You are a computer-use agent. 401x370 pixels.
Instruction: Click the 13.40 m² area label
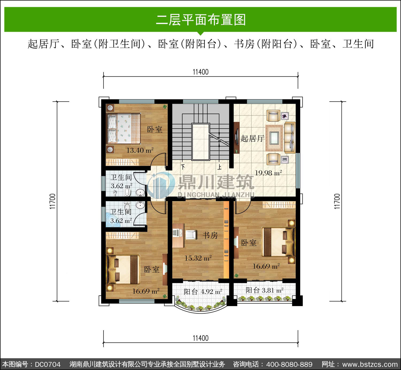pos(140,150)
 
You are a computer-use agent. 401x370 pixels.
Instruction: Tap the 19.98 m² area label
pos(268,173)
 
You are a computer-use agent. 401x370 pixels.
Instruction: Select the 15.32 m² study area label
pos(198,258)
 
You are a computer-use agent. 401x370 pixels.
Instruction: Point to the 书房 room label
pos(210,235)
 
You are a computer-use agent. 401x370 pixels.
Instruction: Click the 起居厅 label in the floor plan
pos(252,138)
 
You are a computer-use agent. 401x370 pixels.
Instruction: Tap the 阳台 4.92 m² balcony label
pos(203,292)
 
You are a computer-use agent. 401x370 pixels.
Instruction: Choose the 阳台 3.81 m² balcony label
pos(264,290)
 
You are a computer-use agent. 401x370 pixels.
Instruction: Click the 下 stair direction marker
pos(183,167)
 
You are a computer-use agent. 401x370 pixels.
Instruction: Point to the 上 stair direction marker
pos(219,167)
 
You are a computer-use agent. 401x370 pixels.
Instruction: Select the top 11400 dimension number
pos(200,72)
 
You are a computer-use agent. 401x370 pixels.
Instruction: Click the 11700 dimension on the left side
pos(52,201)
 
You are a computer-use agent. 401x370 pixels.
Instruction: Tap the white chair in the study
pos(191,235)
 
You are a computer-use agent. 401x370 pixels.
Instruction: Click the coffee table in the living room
pos(274,138)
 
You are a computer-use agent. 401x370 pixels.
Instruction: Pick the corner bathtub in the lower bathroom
pos(113,220)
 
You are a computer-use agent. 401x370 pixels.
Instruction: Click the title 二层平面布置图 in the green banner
pos(201,20)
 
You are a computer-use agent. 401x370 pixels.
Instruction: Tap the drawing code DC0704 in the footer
pos(48,364)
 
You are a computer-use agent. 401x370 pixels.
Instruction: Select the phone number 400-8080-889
pos(289,364)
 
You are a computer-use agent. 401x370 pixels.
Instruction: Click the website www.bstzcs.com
pos(370,364)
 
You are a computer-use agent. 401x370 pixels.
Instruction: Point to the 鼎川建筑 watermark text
pos(216,182)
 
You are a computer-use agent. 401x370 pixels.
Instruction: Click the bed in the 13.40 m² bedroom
pos(123,128)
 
